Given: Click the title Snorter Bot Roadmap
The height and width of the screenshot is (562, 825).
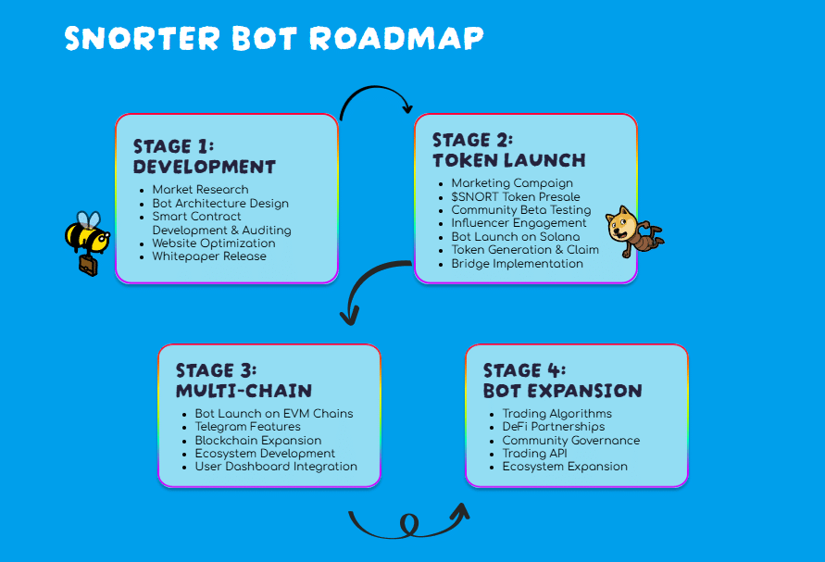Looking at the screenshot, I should coord(274,38).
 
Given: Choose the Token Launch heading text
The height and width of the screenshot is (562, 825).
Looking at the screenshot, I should coord(508,160).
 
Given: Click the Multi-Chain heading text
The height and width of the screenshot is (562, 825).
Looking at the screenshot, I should coord(244,391).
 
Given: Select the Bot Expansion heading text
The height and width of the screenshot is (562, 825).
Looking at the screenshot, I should coord(562,391).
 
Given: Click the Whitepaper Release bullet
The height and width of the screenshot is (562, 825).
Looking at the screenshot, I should coord(209,256).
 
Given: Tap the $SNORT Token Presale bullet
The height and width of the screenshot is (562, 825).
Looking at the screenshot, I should coord(516,196).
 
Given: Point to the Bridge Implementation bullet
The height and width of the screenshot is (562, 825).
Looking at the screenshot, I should coord(517,264).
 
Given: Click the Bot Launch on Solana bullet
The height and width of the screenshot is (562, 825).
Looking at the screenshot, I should coord(515,237).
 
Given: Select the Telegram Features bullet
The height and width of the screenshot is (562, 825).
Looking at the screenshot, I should coord(247,427).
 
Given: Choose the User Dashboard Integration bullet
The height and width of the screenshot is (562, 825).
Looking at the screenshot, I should coord(276,467).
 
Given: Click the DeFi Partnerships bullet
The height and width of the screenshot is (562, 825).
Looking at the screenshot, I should coord(553,427).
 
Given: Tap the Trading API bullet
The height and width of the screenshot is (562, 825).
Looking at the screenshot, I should coord(534,454).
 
